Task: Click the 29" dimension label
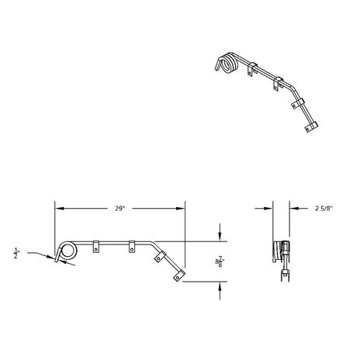[120, 208]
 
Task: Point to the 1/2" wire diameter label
[16, 253]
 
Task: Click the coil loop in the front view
[67, 250]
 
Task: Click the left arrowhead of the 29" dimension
[58, 208]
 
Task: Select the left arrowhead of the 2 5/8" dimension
[268, 208]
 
